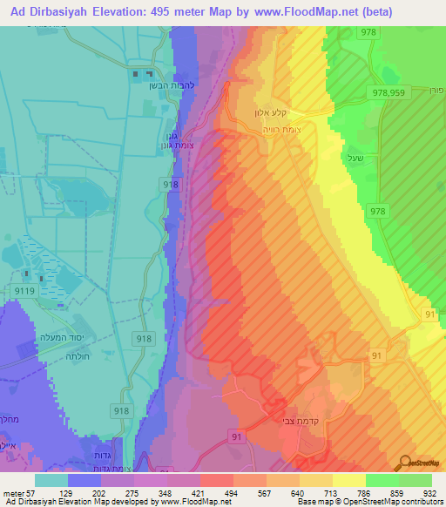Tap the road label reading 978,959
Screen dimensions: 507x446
pyautogui.click(x=389, y=91)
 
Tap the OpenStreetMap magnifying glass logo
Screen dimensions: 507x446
pyautogui.click(x=405, y=462)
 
